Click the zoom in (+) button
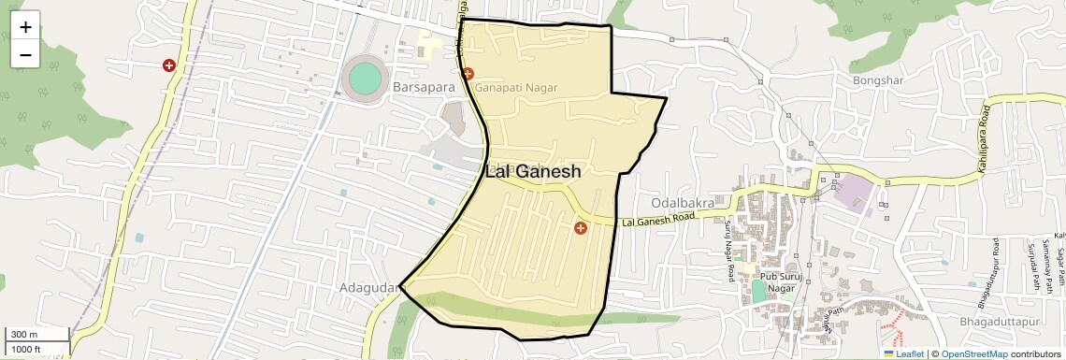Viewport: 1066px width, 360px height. (x=25, y=27)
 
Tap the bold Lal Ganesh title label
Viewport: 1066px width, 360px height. (x=533, y=172)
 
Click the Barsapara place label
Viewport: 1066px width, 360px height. (x=424, y=87)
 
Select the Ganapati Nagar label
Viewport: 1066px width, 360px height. (x=515, y=87)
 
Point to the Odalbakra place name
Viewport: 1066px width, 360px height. (x=682, y=202)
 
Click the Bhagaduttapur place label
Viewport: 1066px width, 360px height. (x=1005, y=322)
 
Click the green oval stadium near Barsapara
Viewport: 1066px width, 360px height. (x=365, y=78)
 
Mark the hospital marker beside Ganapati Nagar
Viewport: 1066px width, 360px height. (x=468, y=73)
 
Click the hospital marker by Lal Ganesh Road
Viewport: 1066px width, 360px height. (x=581, y=228)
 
